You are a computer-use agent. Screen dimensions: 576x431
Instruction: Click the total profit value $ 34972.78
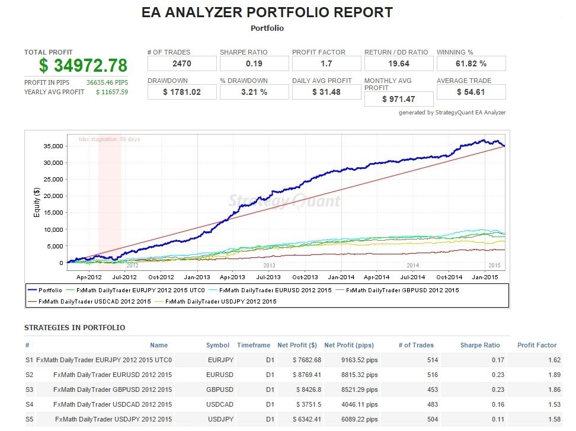tap(83, 65)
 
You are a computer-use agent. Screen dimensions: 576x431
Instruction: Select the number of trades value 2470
tap(182, 63)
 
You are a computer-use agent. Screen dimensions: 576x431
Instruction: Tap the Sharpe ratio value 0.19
tap(254, 63)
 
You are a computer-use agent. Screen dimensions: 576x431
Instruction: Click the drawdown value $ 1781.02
tap(182, 92)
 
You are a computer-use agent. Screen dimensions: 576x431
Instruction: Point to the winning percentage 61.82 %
tap(471, 63)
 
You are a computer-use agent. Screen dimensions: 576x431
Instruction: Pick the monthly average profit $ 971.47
tap(399, 99)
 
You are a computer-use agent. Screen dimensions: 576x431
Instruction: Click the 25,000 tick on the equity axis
tap(53, 179)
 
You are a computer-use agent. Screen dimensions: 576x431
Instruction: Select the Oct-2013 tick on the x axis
tap(305, 277)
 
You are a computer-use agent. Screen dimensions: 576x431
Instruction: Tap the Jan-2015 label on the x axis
tap(485, 277)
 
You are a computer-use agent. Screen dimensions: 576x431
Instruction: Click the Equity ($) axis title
tap(36, 202)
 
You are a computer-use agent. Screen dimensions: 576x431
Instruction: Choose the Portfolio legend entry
tap(45, 290)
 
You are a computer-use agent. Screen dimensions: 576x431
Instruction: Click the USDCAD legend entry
tap(89, 301)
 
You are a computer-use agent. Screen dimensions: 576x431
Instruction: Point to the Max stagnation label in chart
tap(110, 139)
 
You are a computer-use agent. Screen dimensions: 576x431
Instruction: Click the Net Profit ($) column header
tap(297, 345)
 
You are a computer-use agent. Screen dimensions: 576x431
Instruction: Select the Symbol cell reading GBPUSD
tap(220, 390)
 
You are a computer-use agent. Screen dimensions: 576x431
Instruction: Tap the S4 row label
tap(30, 404)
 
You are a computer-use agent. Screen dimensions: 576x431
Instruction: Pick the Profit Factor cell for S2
tap(554, 375)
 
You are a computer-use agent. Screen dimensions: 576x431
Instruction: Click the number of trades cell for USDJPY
tap(433, 419)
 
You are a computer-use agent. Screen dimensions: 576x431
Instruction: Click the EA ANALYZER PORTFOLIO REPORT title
tap(267, 12)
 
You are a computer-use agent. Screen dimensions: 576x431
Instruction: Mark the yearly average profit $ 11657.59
tap(112, 92)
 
